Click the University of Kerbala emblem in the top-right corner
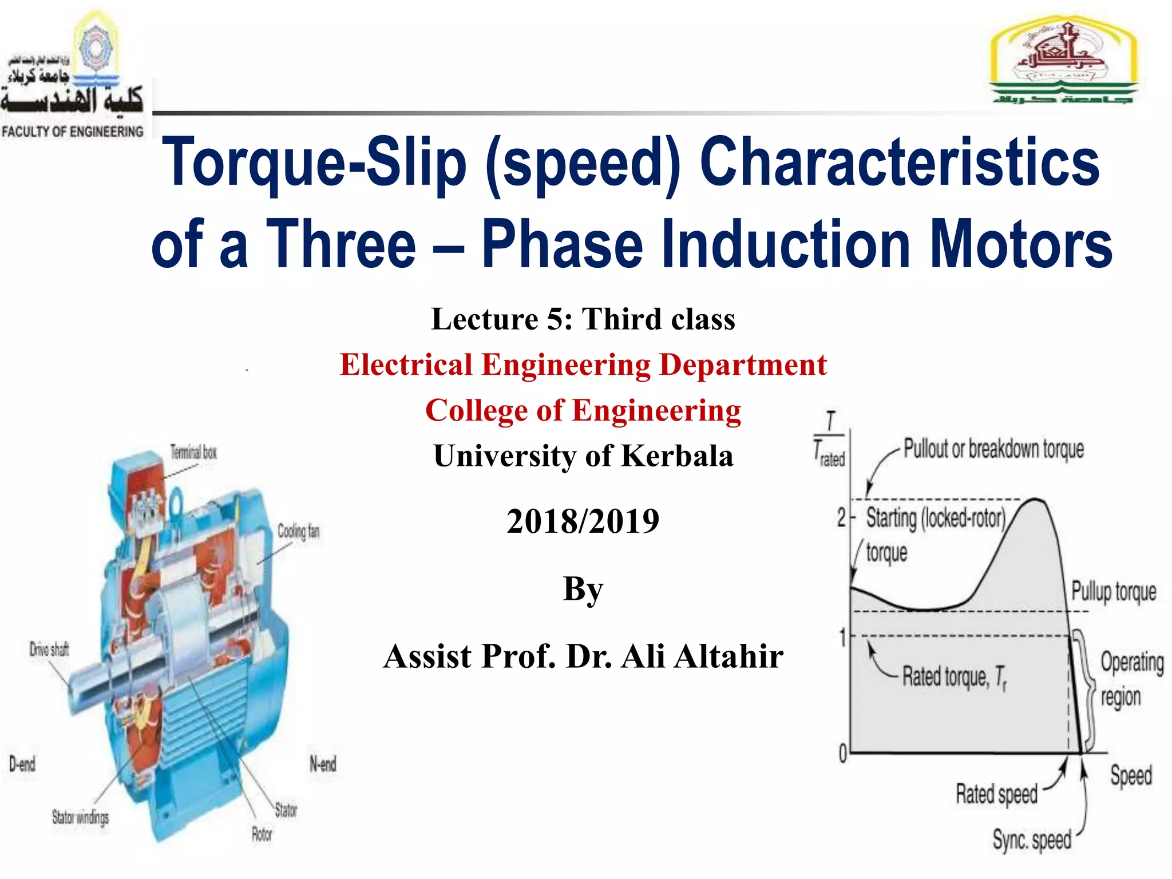[x=1063, y=61]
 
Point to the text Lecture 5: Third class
[x=583, y=319]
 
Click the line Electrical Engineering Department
[x=583, y=365]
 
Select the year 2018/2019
[x=583, y=521]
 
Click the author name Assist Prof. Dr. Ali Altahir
[x=583, y=656]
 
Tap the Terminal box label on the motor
[x=194, y=452]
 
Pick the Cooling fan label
[x=298, y=531]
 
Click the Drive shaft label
[x=49, y=650]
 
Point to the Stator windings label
[x=80, y=817]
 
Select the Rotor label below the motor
[x=262, y=834]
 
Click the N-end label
[x=323, y=764]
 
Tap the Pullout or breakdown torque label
[x=993, y=449]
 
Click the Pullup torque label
[x=1114, y=592]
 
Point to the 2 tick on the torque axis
[x=841, y=518]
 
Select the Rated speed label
[x=996, y=794]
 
